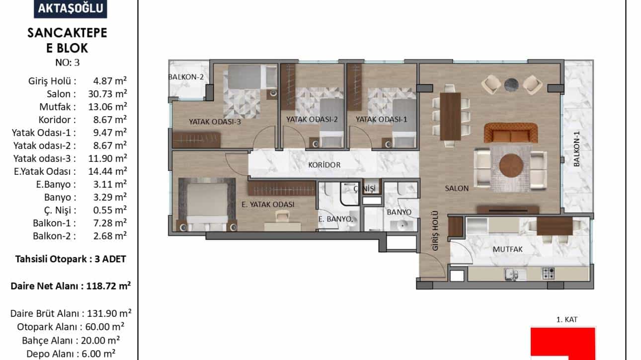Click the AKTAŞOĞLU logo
71,8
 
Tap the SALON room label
457,188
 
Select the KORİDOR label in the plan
324,165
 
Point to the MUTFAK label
508,249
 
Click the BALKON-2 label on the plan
186,77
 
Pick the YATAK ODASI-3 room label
215,122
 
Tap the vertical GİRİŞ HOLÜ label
435,231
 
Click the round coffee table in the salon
511,165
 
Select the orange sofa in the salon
511,133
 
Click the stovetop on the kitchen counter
548,274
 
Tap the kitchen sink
512,274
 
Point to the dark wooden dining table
450,116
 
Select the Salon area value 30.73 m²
108,94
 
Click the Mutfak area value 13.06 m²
108,107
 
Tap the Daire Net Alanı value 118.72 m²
108,286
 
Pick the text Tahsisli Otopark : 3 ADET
71,259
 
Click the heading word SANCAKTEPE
67,33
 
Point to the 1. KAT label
567,320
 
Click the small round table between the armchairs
511,84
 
